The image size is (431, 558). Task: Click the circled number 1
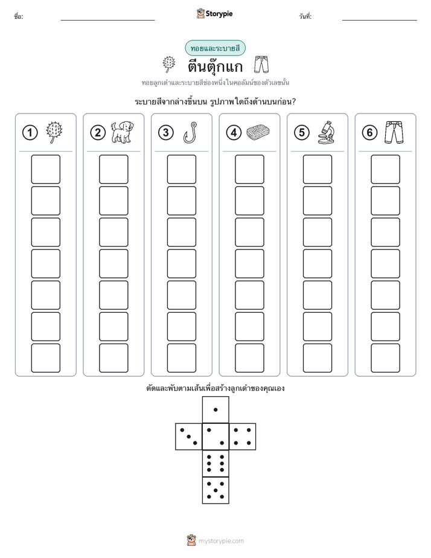pos(30,133)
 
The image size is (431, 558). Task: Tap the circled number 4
pos(234,133)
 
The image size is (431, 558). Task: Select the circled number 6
pos(369,133)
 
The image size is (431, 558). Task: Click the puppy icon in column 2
pos(122,132)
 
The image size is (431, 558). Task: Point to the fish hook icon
pos(190,132)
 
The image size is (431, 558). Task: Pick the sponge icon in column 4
pos(258,132)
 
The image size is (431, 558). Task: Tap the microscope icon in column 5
pos(326,132)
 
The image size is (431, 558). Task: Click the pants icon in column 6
pos(394,132)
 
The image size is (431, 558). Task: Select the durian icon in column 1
pos(54,132)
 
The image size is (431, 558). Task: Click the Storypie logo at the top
pos(214,13)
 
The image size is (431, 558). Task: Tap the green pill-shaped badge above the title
pos(215,48)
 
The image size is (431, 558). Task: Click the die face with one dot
pos(215,409)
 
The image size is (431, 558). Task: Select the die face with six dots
pos(215,463)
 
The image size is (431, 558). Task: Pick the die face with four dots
pos(243,437)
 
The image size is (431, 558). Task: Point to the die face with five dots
pos(215,490)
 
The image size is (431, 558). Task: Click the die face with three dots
pos(189,437)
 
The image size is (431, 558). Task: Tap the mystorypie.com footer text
pos(221,541)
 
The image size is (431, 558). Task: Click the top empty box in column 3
pos(181,169)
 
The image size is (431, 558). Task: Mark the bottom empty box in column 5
pos(318,358)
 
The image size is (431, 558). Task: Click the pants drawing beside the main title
pos(261,65)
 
